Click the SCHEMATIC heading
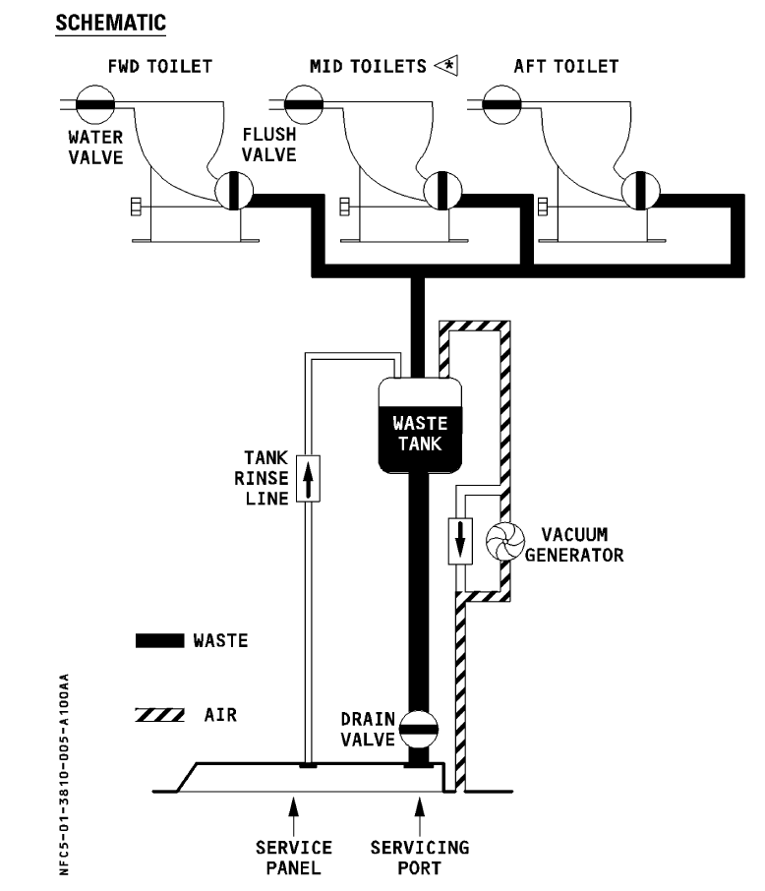point(110,23)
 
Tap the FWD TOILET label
point(159,67)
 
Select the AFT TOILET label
point(566,67)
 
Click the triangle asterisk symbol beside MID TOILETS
point(446,66)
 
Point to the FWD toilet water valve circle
point(95,104)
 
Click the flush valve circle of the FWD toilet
point(234,191)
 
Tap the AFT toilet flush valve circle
point(640,191)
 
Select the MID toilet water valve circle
point(304,104)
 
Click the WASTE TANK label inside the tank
point(420,434)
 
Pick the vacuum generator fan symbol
point(504,542)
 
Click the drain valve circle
point(419,729)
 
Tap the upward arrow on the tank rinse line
point(308,479)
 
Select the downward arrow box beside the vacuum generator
point(460,541)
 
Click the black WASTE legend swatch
point(159,640)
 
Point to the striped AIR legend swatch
point(159,715)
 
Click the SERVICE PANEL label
point(293,858)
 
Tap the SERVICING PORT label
point(420,858)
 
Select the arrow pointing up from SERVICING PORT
point(420,816)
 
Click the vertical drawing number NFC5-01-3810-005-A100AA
point(64,774)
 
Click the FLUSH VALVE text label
point(268,145)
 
